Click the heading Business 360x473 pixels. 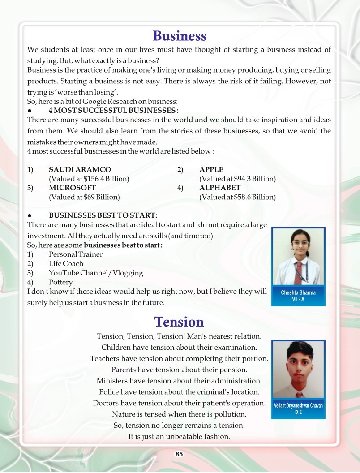[x=180, y=35]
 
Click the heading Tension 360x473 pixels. [x=179, y=322]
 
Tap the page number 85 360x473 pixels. [x=179, y=454]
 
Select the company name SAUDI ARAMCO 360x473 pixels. [x=80, y=169]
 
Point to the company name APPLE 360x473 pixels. [x=211, y=169]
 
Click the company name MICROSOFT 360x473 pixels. [x=72, y=188]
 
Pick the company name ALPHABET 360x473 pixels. [x=220, y=188]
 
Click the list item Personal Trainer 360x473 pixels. [x=76, y=254]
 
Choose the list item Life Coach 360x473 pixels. [x=66, y=264]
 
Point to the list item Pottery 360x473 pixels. [x=60, y=282]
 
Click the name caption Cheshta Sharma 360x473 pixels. [x=298, y=293]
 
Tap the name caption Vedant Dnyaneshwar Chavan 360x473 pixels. [x=298, y=406]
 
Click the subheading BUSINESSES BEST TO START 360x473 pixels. [x=103, y=215]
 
